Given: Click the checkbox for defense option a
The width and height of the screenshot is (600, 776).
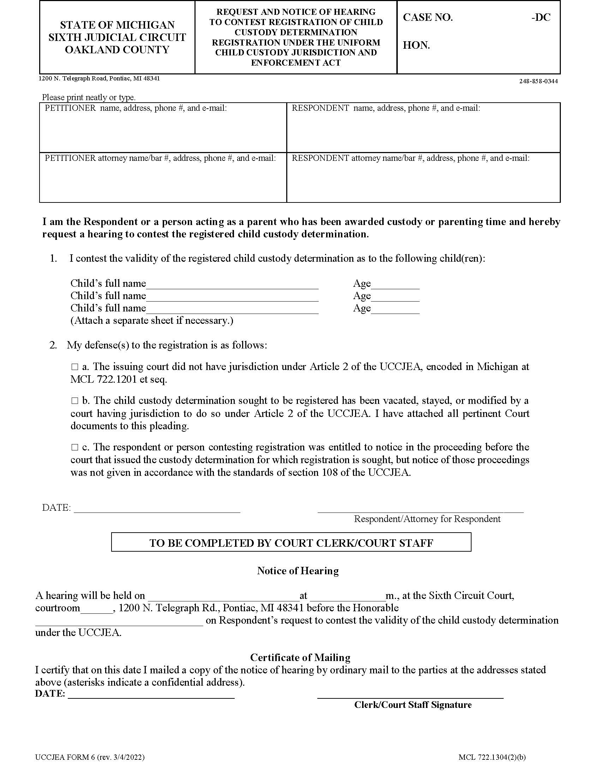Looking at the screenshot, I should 74,366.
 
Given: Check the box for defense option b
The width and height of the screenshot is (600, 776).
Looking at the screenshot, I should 74,400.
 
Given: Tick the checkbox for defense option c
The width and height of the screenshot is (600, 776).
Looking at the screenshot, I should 74,447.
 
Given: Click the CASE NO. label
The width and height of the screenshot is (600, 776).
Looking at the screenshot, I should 428,17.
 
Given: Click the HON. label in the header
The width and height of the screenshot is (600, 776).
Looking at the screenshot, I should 416,46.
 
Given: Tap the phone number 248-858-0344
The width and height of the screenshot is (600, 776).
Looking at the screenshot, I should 538,81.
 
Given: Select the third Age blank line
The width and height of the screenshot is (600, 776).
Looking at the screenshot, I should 395,309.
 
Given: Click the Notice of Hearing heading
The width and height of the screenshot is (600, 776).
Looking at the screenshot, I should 298,571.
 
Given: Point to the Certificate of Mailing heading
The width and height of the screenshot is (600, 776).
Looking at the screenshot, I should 300,657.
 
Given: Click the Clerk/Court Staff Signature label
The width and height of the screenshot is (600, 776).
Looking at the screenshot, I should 413,705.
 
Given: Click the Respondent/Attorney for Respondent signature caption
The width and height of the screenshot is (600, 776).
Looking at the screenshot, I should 427,519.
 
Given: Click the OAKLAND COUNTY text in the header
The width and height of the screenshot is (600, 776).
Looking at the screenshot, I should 117,50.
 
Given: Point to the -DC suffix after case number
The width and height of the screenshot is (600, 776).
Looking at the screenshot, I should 541,17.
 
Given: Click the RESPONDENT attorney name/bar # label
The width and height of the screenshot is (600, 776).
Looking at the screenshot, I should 410,158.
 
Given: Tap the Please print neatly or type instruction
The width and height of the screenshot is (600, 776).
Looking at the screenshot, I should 89,97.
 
